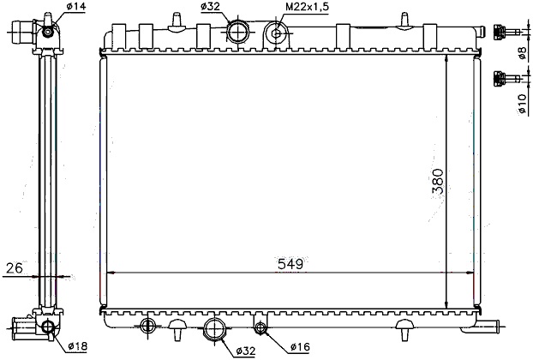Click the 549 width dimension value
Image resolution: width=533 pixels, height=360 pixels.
pos(290,264)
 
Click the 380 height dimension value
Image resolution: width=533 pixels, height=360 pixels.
pos(438,181)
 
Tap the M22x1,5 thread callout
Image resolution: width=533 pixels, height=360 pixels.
pos(307,7)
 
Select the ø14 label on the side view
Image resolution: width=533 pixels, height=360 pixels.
pos(76,6)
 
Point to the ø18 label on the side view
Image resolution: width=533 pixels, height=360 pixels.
pos(78,346)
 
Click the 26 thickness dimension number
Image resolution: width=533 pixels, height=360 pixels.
pos(15,268)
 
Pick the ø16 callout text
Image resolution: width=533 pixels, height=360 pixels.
pos(300,347)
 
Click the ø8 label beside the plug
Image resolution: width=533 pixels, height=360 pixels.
pos(522,53)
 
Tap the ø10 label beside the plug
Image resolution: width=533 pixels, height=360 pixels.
pos(522,104)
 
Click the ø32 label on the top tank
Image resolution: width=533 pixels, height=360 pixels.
pos(211,7)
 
